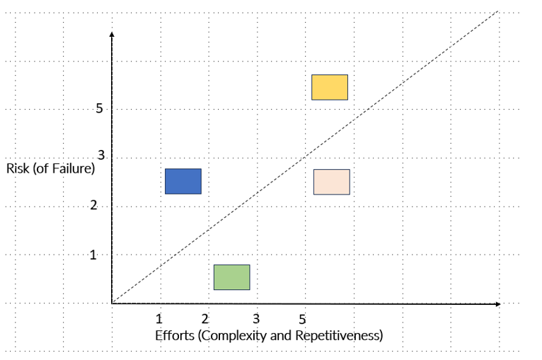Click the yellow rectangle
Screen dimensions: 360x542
coord(330,87)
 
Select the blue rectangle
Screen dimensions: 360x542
coord(183,181)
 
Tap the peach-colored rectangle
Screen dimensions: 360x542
coord(331,182)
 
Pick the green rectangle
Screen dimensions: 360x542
coord(231,277)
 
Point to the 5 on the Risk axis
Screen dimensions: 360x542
coord(99,109)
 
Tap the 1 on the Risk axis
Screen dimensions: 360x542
coord(93,255)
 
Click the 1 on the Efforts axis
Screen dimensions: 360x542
coord(159,318)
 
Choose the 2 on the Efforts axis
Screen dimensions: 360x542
coord(205,318)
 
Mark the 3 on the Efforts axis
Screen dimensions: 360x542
coord(256,318)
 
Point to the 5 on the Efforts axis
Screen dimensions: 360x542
coord(303,318)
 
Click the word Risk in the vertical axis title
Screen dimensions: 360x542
coord(18,169)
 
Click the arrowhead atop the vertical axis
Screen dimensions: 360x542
coord(111,33)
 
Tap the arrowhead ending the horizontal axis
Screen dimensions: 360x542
coord(497,303)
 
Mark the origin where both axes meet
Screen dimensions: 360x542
coord(112,303)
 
